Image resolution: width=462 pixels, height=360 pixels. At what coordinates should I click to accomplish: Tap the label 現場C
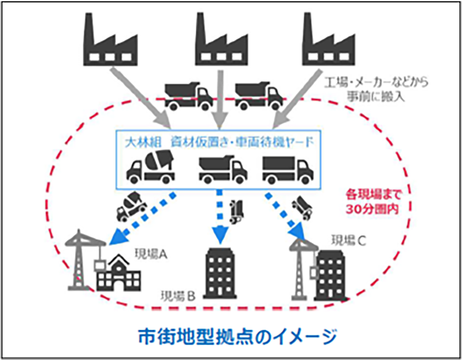point(349,239)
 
